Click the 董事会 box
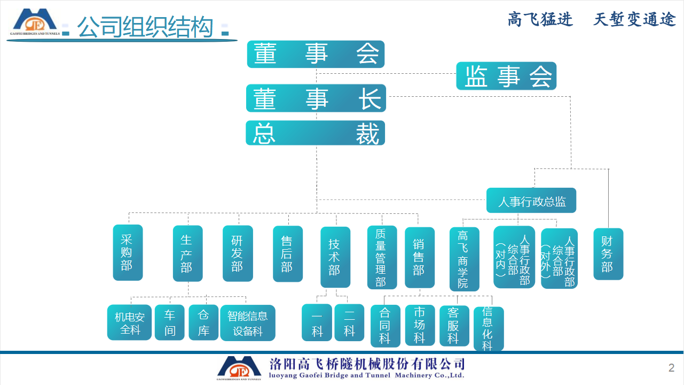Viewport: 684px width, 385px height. (x=316, y=54)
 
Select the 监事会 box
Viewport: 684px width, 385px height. (x=506, y=76)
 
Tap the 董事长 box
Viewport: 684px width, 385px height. (x=316, y=98)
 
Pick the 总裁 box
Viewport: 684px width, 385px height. (x=315, y=133)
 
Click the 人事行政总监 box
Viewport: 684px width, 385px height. (x=531, y=201)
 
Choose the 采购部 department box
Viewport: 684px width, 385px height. (x=128, y=252)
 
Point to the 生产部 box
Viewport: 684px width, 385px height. (x=187, y=253)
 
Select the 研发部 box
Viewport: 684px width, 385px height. (x=238, y=253)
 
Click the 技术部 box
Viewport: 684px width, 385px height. (x=335, y=257)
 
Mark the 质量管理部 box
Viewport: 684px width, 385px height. (x=382, y=257)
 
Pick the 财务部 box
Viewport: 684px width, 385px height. (x=608, y=254)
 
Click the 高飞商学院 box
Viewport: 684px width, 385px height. (x=464, y=259)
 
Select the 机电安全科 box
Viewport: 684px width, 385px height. (x=129, y=322)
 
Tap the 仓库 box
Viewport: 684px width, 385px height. (x=203, y=322)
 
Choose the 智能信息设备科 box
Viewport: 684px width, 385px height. (x=248, y=323)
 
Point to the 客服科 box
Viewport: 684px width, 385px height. (x=454, y=326)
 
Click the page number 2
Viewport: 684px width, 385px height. (x=671, y=368)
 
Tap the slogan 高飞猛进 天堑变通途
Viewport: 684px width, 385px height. (x=592, y=20)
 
